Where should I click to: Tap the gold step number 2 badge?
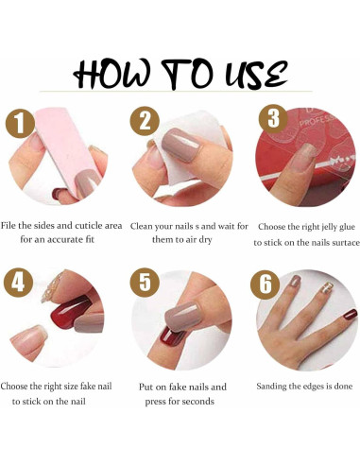[x=144, y=121]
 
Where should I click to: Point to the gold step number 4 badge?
[x=18, y=282]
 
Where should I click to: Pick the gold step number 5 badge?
[x=144, y=282]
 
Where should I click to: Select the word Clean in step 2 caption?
[x=146, y=226]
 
